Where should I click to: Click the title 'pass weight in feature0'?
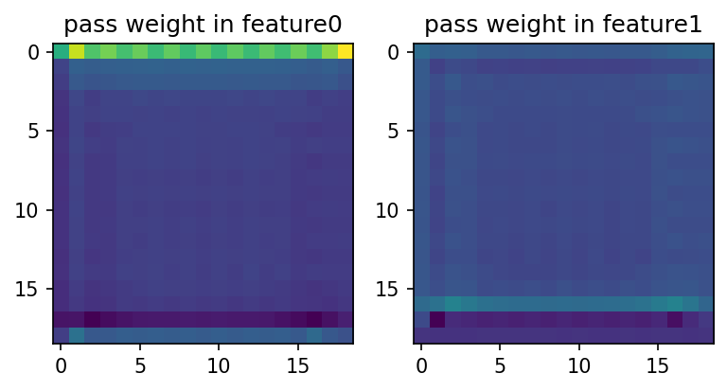[203, 24]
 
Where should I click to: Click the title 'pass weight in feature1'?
[563, 24]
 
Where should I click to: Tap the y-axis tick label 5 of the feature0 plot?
[35, 131]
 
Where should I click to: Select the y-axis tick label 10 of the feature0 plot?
[30, 209]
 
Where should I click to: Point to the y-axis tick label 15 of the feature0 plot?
[30, 289]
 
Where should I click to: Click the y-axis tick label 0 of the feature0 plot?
[35, 52]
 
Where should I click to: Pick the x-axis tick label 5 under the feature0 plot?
[140, 364]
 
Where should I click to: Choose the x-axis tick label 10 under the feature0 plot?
[219, 364]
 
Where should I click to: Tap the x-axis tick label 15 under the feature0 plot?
[298, 364]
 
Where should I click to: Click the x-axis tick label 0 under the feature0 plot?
[62, 364]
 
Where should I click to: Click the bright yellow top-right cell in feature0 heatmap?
[346, 51]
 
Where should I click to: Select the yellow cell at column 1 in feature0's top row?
[77, 51]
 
